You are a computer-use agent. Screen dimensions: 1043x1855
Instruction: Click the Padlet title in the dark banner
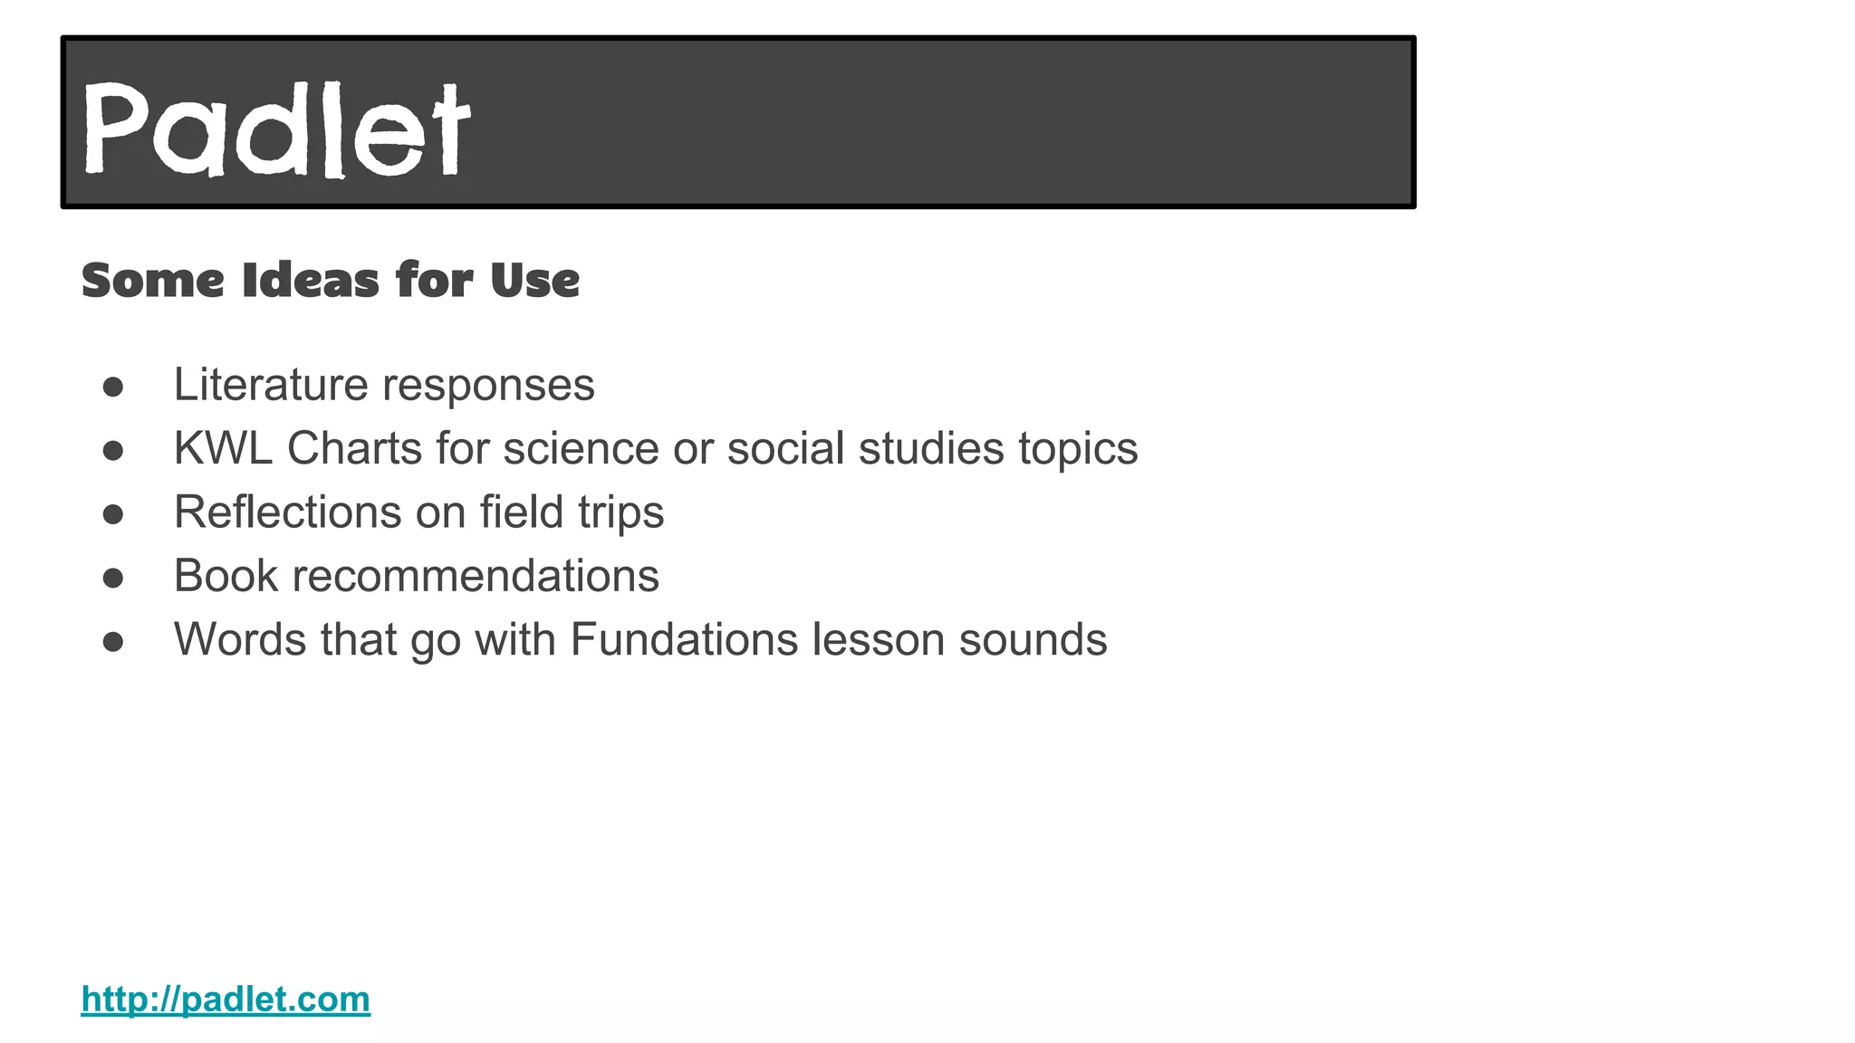pos(277,129)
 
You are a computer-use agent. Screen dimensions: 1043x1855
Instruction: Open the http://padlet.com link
pos(226,1000)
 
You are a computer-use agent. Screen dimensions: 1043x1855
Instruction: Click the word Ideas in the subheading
pos(311,280)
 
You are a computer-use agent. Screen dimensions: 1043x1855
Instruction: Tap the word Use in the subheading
pos(534,280)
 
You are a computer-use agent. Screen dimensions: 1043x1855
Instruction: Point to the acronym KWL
pos(223,448)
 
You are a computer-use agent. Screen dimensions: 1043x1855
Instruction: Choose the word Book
pos(226,576)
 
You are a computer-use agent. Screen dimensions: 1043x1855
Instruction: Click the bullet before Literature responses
pos(113,387)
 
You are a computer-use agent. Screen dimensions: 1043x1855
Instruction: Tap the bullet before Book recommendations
pos(113,578)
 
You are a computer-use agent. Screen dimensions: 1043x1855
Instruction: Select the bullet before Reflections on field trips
pos(113,514)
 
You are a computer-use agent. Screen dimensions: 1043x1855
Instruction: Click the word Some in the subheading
pos(152,280)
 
